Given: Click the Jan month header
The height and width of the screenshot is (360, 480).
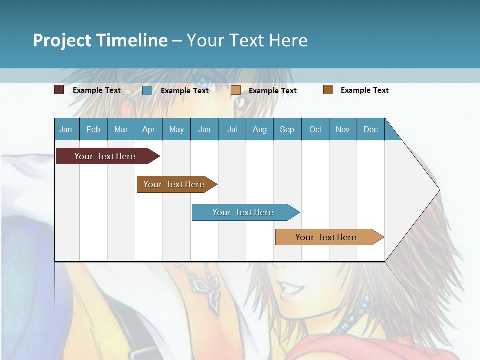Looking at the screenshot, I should (x=66, y=129).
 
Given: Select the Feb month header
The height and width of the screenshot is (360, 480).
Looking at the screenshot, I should (x=93, y=129).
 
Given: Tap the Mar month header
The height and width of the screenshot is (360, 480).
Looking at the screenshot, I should (x=121, y=129).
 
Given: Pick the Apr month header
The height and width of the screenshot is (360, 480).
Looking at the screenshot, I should (x=149, y=129).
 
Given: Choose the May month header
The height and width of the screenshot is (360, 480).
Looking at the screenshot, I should (x=176, y=129).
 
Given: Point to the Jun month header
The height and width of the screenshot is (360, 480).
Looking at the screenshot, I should (x=204, y=129).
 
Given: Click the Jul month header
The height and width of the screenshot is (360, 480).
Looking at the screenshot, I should (x=232, y=129).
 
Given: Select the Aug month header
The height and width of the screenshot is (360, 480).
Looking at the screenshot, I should (x=260, y=129).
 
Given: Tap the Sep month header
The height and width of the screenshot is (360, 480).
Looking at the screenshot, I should (x=287, y=129).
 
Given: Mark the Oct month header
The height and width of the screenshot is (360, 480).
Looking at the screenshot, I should (x=315, y=129).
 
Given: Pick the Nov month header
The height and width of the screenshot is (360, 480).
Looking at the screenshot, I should (x=343, y=129).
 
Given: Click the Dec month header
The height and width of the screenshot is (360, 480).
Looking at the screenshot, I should (x=371, y=129).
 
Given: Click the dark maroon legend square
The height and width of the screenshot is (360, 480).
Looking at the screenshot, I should (x=59, y=90).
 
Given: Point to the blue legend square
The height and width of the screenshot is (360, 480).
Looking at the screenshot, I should (x=147, y=90).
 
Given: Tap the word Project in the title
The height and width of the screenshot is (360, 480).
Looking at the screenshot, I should (x=62, y=40).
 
